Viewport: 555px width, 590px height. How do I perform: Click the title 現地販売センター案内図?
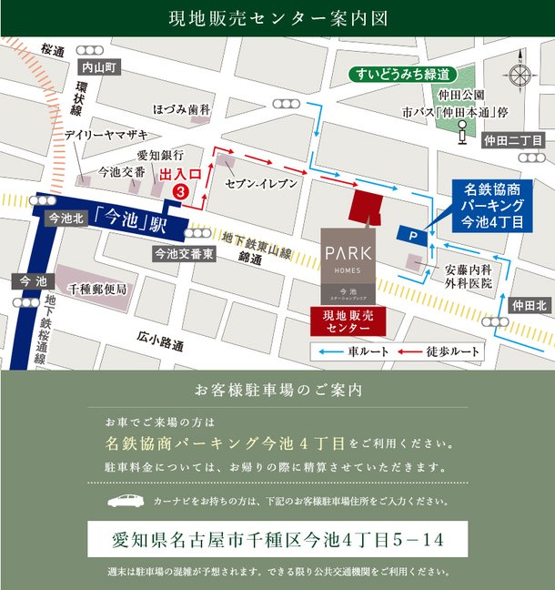pos(278,17)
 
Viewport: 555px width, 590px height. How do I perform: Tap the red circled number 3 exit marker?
pos(181,192)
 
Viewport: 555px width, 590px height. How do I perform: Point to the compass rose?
pos(521,76)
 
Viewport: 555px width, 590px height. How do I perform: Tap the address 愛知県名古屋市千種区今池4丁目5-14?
pos(277,539)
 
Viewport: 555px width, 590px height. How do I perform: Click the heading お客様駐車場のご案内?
pos(278,392)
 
